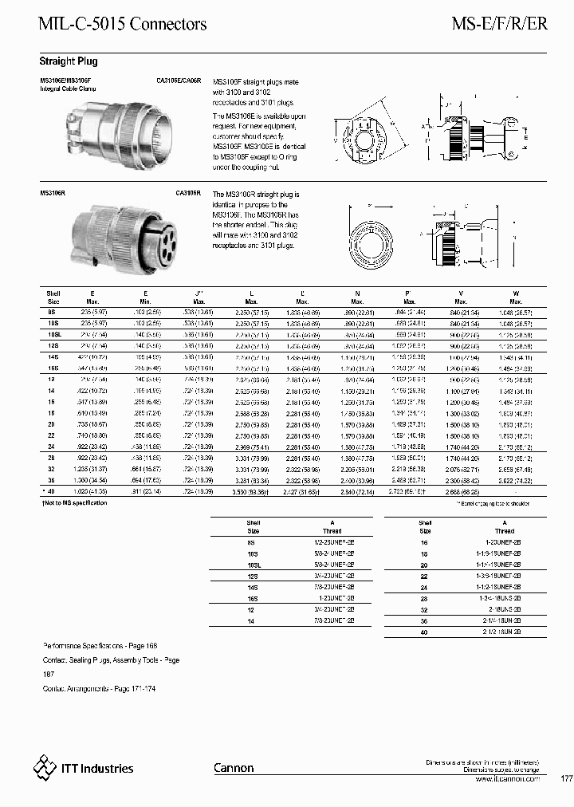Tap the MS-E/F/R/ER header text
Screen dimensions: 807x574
tap(500, 25)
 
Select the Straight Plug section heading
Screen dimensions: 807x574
tap(69, 61)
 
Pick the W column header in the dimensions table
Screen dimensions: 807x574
tap(515, 293)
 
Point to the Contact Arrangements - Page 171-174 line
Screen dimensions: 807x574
tap(98, 687)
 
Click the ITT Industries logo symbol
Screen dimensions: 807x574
tap(45, 768)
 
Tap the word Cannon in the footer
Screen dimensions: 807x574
tap(234, 768)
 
